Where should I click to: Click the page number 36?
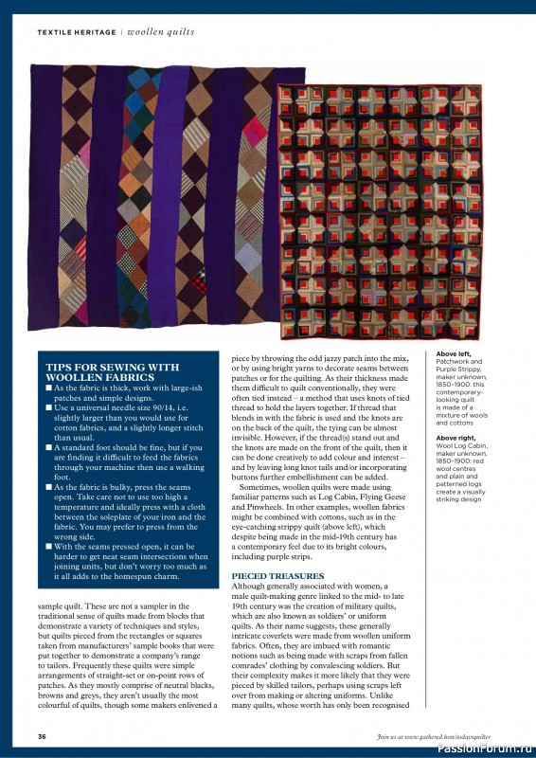(42, 736)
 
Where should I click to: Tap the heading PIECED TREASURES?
(277, 576)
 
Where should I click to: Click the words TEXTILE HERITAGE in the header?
(75, 32)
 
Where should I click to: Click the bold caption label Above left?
(455, 354)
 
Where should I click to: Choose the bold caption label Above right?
(457, 438)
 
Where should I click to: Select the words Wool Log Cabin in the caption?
(461, 446)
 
